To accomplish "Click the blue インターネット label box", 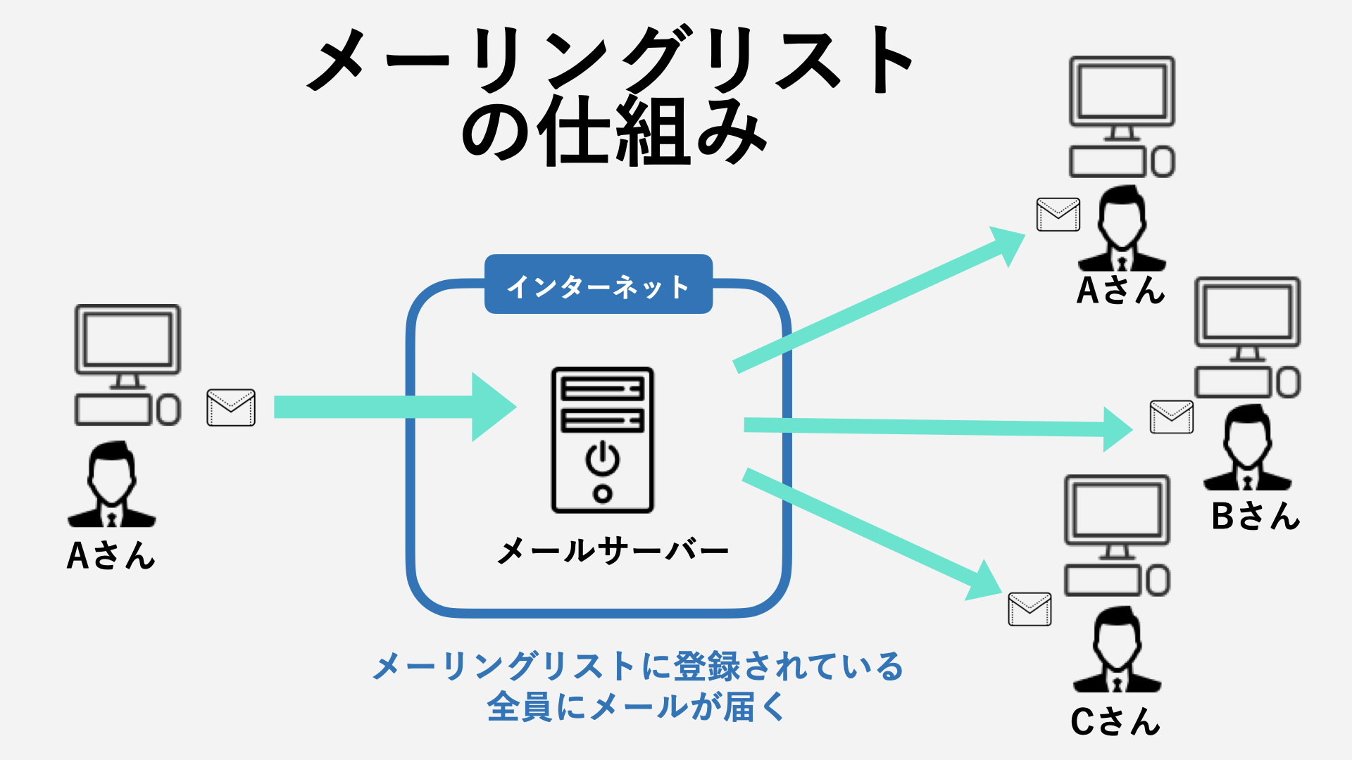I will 599,284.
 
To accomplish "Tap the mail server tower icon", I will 602,440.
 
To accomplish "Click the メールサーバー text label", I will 612,550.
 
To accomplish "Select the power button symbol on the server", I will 603,458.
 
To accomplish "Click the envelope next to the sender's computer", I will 231,407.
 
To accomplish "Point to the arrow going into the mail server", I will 394,407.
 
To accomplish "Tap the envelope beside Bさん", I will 1171,417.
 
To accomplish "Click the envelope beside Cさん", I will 1029,609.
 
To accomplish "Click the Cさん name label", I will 1115,721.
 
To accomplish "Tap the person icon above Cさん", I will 1117,651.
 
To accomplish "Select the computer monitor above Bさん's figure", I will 1247,313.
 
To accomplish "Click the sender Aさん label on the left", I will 111,555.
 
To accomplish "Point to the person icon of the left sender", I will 111,486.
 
